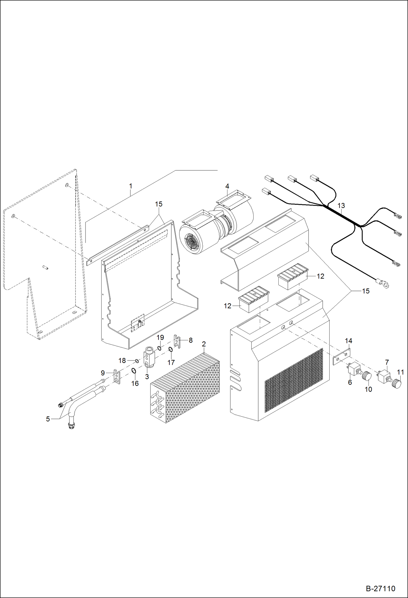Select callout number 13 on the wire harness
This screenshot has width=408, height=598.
[x=341, y=206]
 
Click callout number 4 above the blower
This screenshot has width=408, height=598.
[x=227, y=186]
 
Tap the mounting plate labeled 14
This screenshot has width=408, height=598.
[x=342, y=357]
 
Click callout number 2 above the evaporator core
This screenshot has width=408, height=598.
[x=204, y=344]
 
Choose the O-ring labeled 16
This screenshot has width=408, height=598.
[x=134, y=371]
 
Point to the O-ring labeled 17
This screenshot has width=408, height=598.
[x=170, y=350]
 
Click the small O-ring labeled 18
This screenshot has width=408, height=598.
[x=137, y=361]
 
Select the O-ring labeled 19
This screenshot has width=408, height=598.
[x=159, y=348]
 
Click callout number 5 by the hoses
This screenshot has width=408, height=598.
[x=48, y=419]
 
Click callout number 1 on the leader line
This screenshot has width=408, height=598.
[x=130, y=186]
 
